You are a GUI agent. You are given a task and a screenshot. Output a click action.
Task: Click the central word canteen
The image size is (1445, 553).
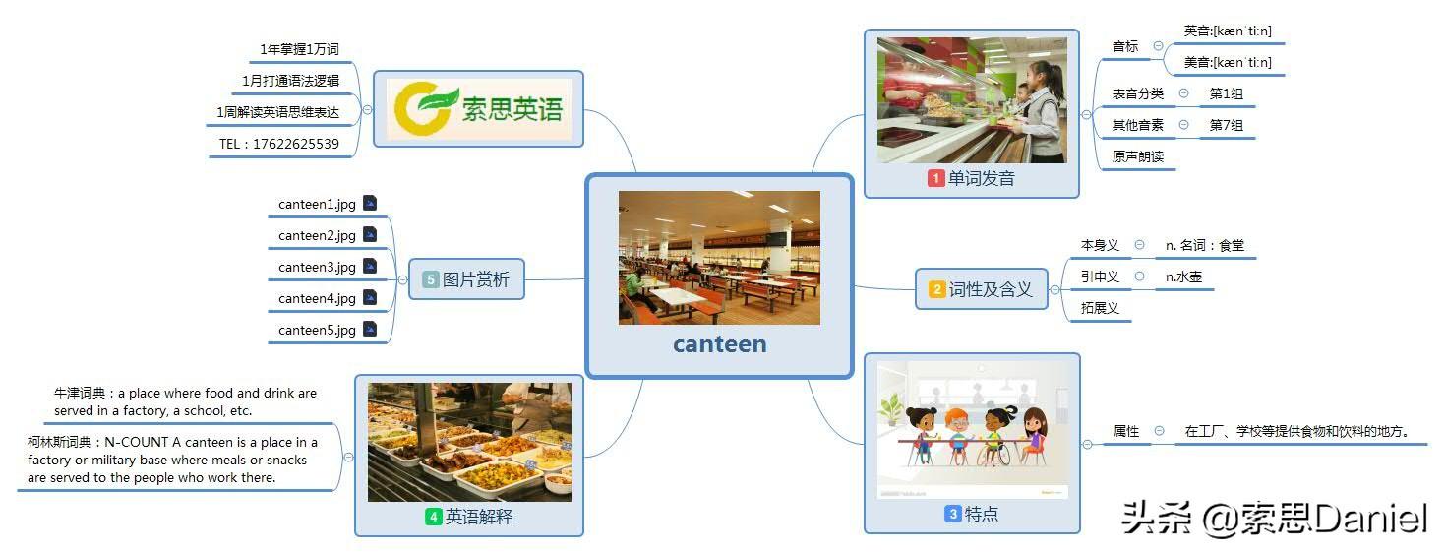[x=719, y=344]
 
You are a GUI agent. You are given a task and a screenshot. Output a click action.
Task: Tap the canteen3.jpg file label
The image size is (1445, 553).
[x=317, y=267]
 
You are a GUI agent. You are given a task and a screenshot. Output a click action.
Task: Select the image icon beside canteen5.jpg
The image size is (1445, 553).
[x=370, y=330]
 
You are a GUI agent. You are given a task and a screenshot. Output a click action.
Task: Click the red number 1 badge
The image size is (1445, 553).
[x=935, y=178]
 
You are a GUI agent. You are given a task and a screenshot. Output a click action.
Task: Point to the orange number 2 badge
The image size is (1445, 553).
[x=936, y=289]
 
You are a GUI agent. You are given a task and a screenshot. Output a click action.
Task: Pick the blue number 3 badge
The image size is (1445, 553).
[x=953, y=514]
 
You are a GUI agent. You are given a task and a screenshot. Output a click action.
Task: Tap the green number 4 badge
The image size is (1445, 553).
[x=434, y=517]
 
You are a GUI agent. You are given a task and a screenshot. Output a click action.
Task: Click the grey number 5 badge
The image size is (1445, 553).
[x=430, y=279]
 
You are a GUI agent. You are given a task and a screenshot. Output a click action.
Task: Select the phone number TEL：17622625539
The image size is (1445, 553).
[x=279, y=144]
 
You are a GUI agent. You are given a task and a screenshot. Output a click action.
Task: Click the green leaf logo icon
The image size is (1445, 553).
[x=425, y=107]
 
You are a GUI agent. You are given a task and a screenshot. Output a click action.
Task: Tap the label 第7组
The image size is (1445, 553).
[x=1226, y=125]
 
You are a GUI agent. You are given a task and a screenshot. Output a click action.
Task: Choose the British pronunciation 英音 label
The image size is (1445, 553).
[x=1227, y=31]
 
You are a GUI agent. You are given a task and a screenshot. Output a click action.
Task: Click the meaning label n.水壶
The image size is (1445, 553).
[x=1183, y=276]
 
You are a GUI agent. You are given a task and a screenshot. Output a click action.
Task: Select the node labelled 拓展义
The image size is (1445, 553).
[x=1100, y=308]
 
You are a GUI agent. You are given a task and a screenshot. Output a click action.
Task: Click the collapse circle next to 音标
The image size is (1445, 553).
[x=1158, y=46]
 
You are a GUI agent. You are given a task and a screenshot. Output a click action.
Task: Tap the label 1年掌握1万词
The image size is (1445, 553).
[x=299, y=49]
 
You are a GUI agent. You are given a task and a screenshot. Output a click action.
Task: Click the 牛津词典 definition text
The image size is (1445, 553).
[x=185, y=401]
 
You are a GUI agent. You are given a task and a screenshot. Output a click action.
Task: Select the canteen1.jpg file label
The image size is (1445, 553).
[x=317, y=204]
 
